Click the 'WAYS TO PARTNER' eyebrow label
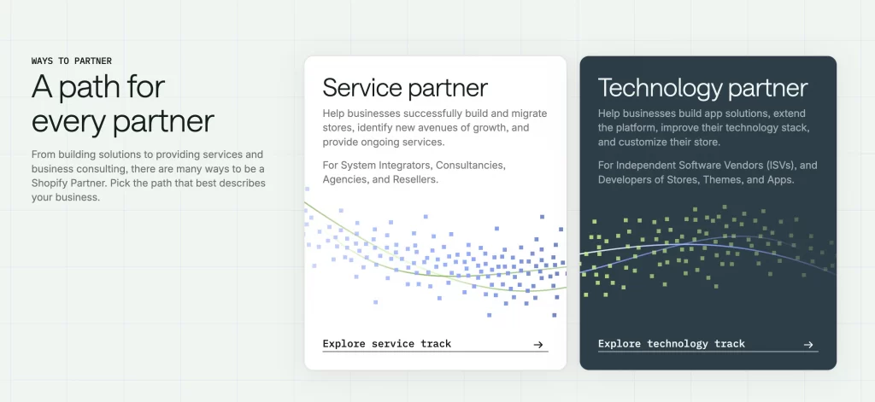pyautogui.click(x=71, y=61)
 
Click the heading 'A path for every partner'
pyautogui.click(x=122, y=103)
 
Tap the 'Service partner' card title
pyautogui.click(x=405, y=87)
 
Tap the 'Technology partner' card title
pyautogui.click(x=702, y=87)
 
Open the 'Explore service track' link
pyautogui.click(x=386, y=344)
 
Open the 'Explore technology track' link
pyautogui.click(x=671, y=344)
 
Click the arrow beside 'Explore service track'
pyautogui.click(x=538, y=345)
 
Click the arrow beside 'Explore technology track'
pyautogui.click(x=808, y=345)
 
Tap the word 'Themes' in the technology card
pyautogui.click(x=736, y=180)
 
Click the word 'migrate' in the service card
pyautogui.click(x=526, y=114)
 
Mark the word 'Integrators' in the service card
pyautogui.click(x=405, y=165)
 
